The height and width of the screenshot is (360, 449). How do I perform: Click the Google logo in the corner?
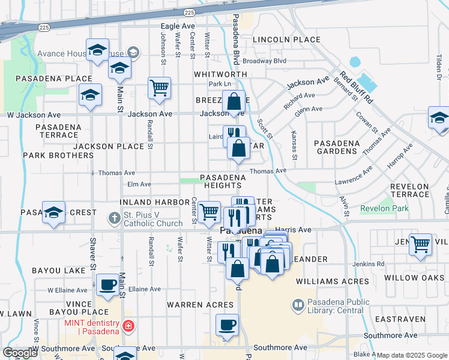coord(20,353)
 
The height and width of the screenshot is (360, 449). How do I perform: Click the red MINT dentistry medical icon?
coord(128,327)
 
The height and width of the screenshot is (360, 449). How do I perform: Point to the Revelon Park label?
coord(384,209)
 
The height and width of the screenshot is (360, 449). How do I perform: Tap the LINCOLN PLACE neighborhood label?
coord(286,40)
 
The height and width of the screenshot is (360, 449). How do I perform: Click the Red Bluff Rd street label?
coord(363,89)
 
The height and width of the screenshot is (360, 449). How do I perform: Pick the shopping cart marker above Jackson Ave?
coord(160,88)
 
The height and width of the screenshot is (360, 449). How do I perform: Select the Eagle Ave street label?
coord(178,26)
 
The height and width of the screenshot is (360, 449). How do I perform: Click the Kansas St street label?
coord(295,146)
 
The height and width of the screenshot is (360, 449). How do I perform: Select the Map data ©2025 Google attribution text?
coord(412,355)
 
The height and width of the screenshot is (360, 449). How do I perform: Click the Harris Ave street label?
coord(294,230)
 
